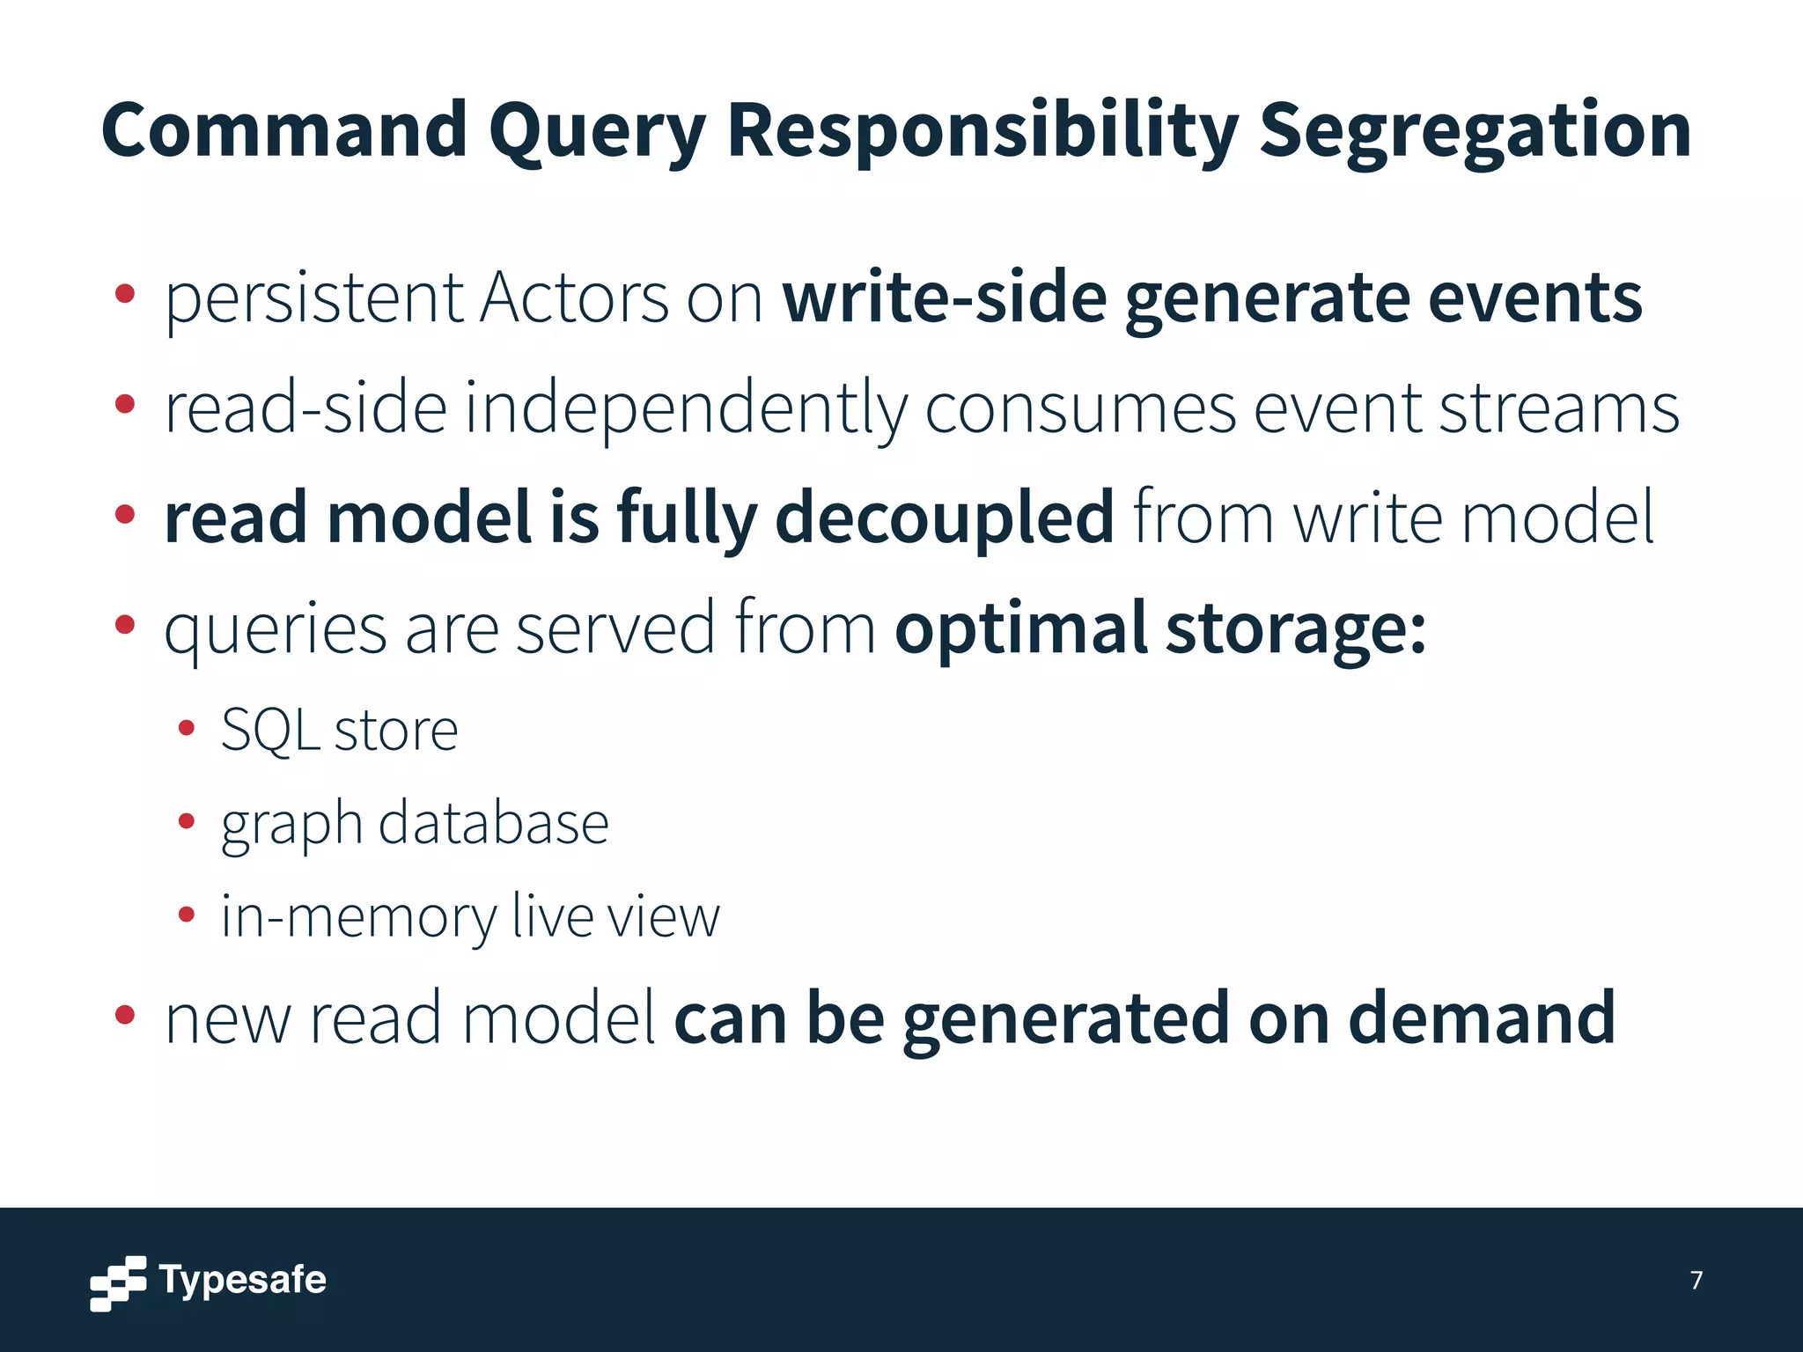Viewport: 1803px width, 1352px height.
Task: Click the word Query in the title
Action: tap(596, 132)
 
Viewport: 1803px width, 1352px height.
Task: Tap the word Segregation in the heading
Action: tap(1475, 132)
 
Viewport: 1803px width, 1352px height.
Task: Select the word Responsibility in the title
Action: tap(982, 132)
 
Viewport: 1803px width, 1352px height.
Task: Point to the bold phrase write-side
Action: tap(945, 298)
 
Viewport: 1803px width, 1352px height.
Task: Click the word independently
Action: tap(685, 408)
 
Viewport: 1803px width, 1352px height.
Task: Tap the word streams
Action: tap(1558, 408)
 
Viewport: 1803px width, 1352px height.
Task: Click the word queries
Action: tap(275, 628)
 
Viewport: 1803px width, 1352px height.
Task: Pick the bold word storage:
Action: tap(1295, 628)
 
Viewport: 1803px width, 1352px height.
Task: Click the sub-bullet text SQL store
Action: tap(339, 730)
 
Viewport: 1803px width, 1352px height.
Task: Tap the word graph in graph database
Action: tap(291, 825)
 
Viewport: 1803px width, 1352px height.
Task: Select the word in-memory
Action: tap(358, 917)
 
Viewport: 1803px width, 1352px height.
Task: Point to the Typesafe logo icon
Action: tap(118, 1282)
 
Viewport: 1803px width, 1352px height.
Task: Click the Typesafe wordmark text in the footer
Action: tap(242, 1280)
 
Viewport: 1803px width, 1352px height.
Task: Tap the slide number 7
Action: tap(1696, 1280)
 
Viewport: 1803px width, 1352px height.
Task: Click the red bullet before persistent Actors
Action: tap(125, 293)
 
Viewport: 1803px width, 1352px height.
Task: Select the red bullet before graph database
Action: tap(186, 821)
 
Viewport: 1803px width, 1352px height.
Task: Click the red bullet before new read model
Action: tap(125, 1015)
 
